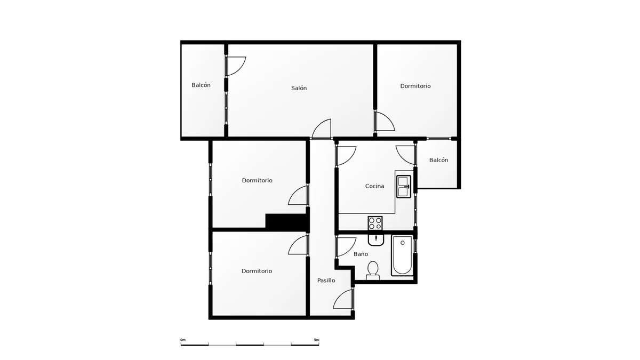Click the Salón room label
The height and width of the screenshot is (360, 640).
[299, 88]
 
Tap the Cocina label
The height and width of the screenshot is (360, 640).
[374, 186]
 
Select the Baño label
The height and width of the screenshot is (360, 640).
[361, 254]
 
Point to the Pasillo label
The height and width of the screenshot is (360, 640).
[326, 281]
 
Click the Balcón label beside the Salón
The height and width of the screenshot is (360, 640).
[201, 85]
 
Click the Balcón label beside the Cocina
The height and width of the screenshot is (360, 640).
[438, 160]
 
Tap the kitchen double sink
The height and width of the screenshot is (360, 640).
[404, 187]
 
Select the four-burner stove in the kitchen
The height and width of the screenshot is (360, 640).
[375, 223]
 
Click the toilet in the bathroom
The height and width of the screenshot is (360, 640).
[373, 271]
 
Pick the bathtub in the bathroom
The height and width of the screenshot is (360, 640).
[402, 255]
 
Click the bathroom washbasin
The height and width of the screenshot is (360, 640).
[375, 240]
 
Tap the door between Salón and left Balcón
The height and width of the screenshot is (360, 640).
[235, 66]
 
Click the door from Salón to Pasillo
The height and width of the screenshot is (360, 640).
[321, 129]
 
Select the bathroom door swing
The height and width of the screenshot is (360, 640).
[346, 247]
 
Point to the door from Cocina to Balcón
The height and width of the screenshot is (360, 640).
[405, 155]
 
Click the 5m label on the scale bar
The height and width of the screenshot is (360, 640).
[316, 340]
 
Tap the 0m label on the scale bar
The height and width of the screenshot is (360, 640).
[183, 340]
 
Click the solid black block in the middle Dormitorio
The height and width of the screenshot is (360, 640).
[286, 221]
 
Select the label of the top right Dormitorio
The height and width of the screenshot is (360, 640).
[415, 86]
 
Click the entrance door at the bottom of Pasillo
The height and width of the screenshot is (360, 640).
[343, 299]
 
